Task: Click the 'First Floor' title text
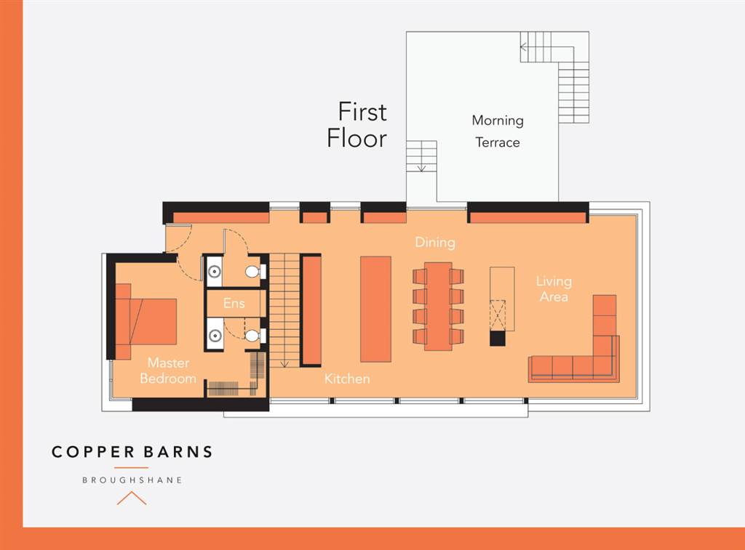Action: (357, 125)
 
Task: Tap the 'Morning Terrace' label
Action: (498, 132)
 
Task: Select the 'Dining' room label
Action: (435, 242)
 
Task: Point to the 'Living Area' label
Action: (554, 288)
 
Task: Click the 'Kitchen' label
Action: (347, 379)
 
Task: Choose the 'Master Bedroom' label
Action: (168, 371)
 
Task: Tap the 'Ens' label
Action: (234, 303)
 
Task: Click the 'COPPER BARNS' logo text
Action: (132, 452)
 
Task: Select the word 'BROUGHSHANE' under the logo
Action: (132, 480)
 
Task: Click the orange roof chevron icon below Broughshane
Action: (132, 498)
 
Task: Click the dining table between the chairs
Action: (438, 306)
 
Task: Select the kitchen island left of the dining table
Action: (375, 309)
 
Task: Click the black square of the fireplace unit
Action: (497, 338)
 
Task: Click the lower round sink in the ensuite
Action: (214, 336)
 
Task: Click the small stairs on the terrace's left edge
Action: (421, 156)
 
